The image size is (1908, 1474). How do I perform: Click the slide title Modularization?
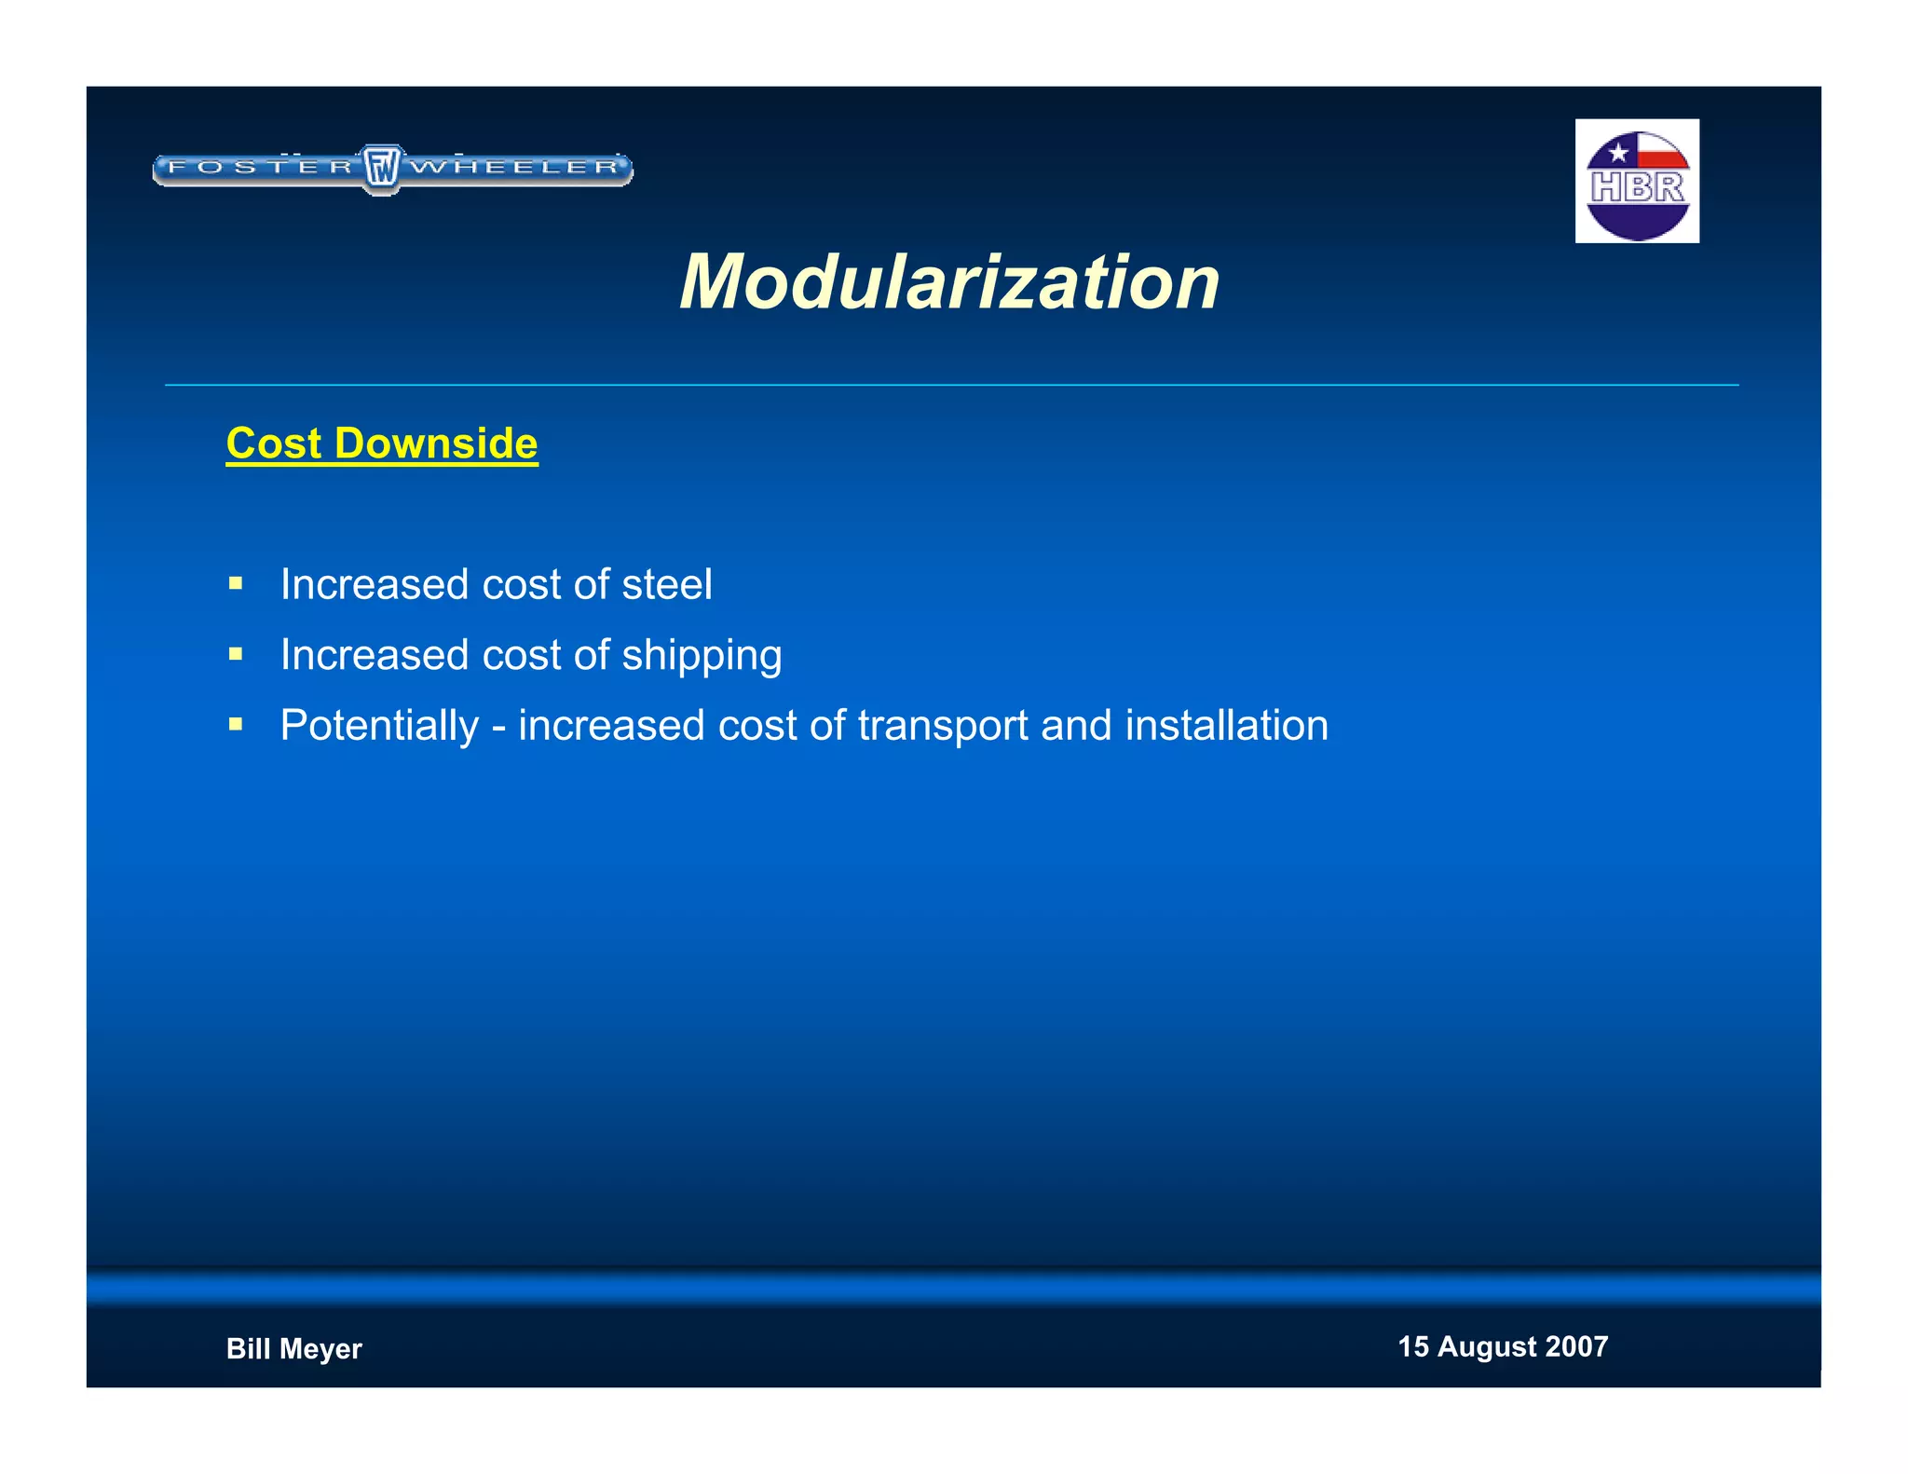[x=948, y=281]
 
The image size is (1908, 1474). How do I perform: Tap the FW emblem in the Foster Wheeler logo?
[x=381, y=169]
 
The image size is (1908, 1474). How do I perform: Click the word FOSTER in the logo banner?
[x=261, y=168]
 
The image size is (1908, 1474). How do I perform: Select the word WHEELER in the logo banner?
[x=515, y=168]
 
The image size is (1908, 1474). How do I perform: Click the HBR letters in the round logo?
[x=1637, y=187]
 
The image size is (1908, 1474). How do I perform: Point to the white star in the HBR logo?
[x=1618, y=152]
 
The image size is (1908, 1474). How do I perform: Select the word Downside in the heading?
[x=436, y=444]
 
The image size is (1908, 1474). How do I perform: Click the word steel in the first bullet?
[x=666, y=585]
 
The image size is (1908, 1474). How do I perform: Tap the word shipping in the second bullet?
[x=702, y=656]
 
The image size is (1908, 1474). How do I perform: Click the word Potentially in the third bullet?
[x=379, y=726]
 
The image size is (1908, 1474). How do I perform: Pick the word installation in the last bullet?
[x=1226, y=726]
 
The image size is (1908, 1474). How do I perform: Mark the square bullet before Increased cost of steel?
[x=236, y=584]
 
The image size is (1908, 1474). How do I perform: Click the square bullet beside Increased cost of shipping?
[x=236, y=654]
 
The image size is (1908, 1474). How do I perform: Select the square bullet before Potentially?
[x=236, y=724]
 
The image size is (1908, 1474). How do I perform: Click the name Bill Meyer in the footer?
[x=293, y=1348]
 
